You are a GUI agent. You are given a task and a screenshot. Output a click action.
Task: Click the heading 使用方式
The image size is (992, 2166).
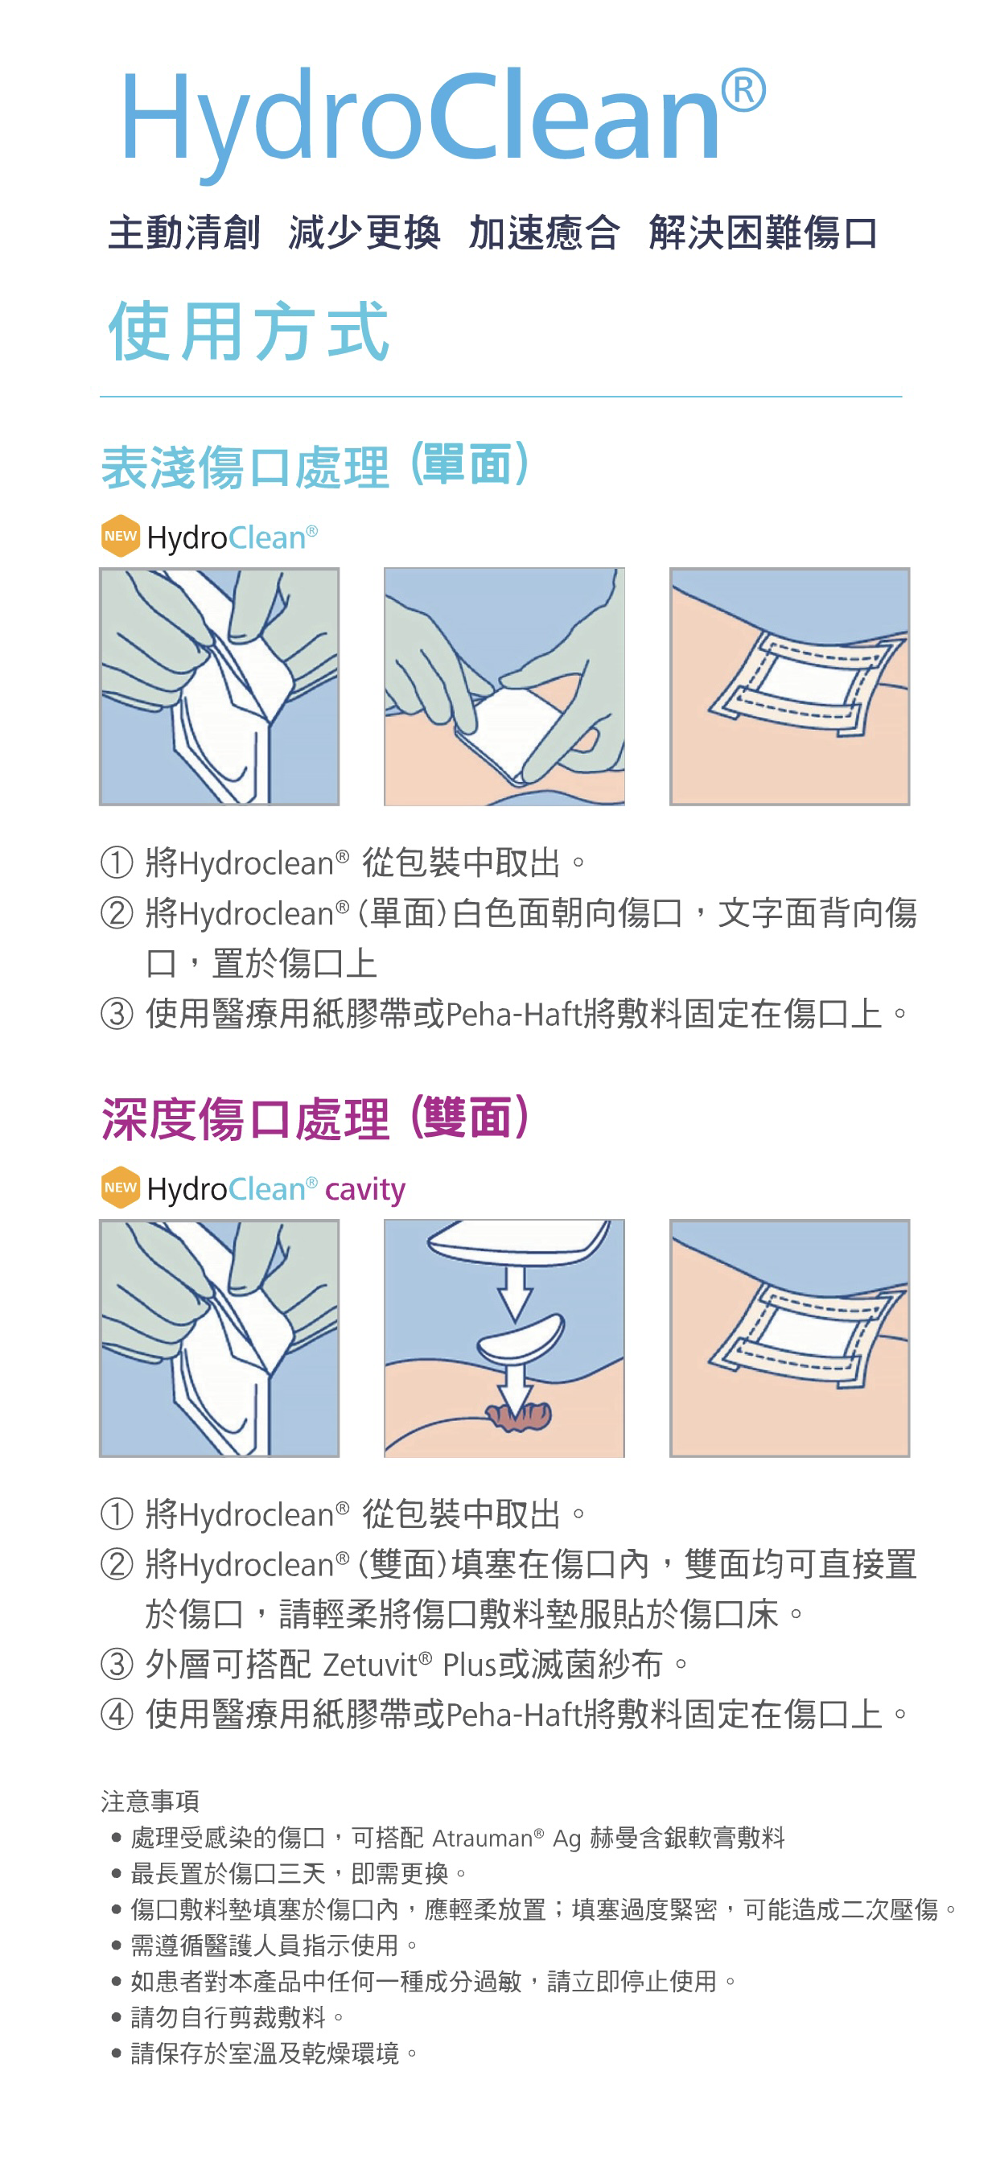249,331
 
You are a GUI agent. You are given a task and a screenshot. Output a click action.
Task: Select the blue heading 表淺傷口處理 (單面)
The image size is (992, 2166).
315,466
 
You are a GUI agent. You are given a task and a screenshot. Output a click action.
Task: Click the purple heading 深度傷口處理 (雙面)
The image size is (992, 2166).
315,1118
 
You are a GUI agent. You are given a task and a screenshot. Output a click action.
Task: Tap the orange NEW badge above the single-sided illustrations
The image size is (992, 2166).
120,536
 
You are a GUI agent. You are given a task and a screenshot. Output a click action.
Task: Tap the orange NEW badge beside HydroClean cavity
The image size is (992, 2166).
120,1188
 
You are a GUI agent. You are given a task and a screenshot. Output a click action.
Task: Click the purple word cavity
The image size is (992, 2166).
364,1190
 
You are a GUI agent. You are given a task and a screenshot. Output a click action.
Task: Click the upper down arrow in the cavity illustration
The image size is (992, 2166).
514,1291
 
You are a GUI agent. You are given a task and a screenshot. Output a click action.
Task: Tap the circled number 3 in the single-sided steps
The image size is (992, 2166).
117,1013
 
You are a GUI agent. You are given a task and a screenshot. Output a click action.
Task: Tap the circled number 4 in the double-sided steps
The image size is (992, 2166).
117,1714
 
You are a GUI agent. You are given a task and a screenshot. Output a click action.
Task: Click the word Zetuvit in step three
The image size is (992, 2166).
371,1665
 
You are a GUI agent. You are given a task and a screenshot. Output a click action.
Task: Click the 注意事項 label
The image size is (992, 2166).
150,1800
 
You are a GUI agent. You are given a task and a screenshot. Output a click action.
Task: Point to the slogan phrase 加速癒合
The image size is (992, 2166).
544,233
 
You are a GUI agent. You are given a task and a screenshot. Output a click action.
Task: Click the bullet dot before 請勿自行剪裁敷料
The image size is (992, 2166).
117,2017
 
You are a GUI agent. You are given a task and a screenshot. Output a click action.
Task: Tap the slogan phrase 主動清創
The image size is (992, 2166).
184,233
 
